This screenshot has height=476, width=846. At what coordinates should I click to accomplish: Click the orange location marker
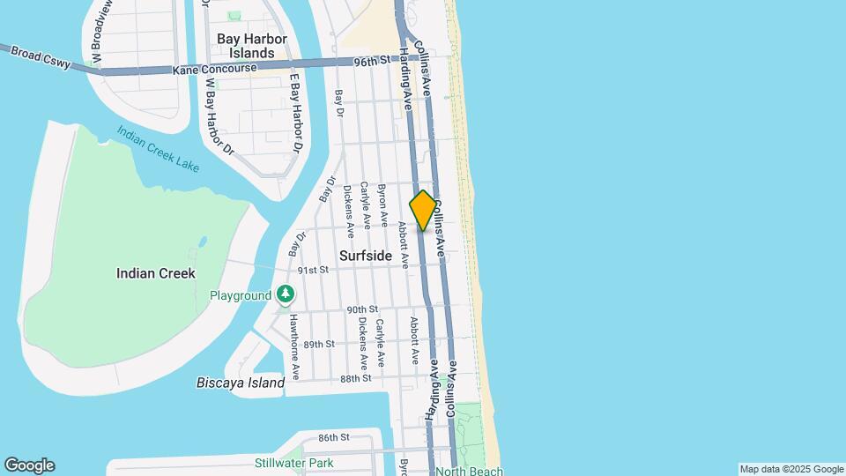click(423, 211)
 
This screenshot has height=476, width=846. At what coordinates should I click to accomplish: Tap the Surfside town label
click(365, 255)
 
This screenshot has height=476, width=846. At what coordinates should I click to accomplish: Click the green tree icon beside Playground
click(285, 294)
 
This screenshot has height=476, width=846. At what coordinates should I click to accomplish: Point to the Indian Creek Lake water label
click(158, 149)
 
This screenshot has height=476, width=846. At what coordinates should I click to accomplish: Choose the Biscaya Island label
click(240, 383)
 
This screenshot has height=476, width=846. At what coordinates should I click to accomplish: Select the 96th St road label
click(371, 62)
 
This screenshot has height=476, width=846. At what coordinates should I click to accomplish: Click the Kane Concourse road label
click(215, 68)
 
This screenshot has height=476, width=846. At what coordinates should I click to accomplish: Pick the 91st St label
click(312, 270)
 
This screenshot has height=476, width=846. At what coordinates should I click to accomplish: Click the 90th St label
click(362, 309)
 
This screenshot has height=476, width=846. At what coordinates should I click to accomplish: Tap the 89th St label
click(319, 344)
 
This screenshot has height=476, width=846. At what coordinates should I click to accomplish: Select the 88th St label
click(356, 378)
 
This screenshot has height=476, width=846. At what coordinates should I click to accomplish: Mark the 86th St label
click(334, 437)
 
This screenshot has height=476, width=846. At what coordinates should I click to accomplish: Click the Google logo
click(29, 465)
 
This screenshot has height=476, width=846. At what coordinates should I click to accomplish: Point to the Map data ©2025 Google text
click(791, 469)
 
